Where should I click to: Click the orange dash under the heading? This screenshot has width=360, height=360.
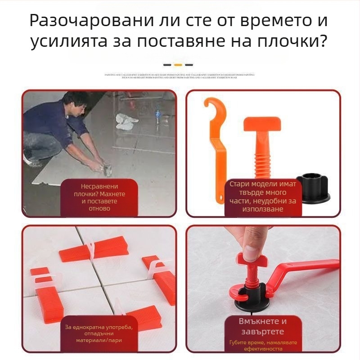click(x=178, y=65)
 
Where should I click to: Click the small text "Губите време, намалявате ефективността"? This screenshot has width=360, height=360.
click(x=263, y=346)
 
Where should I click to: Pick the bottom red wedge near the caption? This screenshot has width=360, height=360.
click(x=143, y=316)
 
